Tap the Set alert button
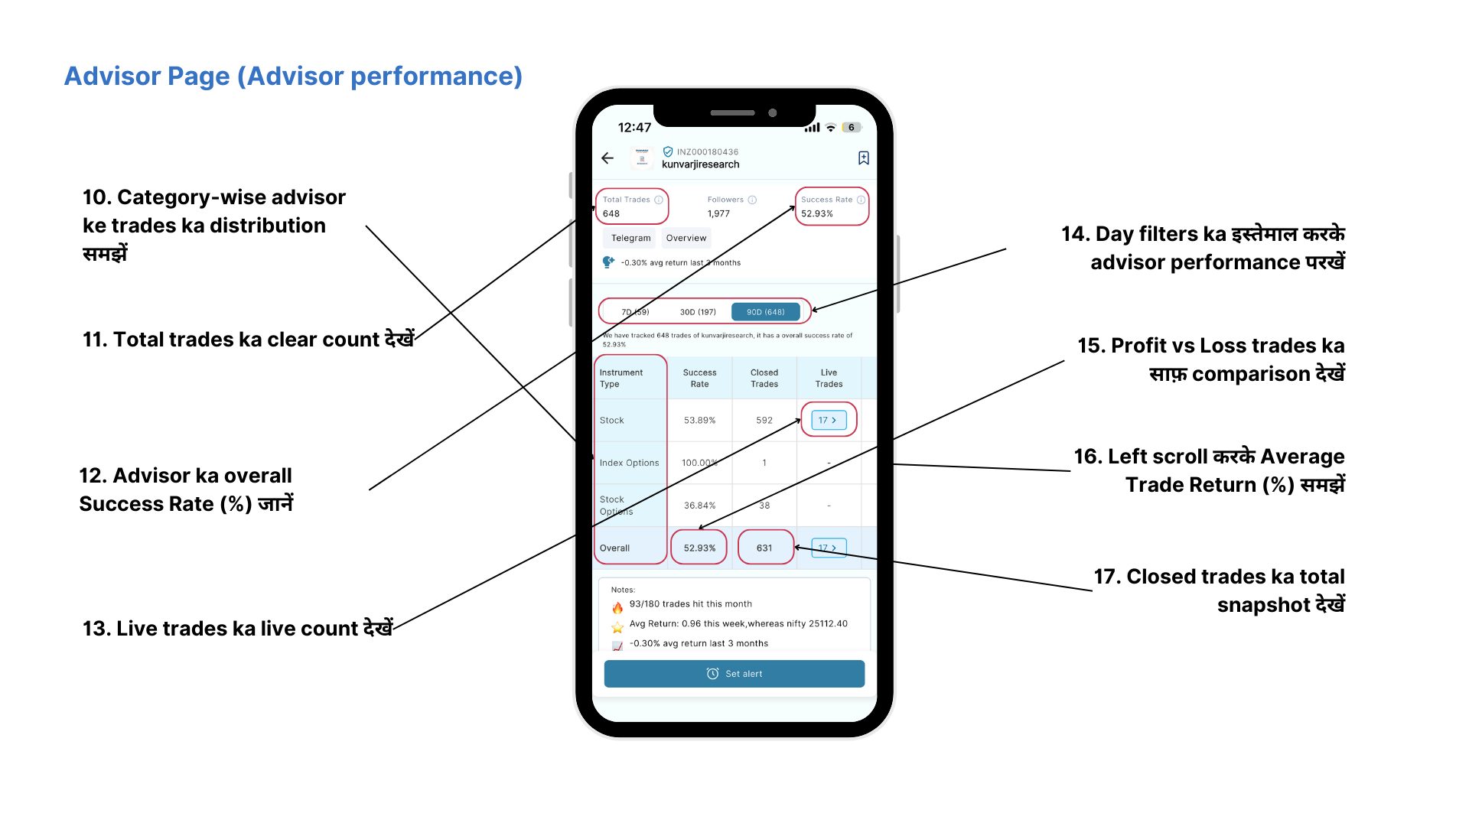point(734,674)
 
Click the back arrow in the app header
point(607,158)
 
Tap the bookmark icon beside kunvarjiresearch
point(863,158)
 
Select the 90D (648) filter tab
point(765,312)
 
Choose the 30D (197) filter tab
point(698,312)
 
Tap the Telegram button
point(630,238)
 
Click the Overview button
point(686,238)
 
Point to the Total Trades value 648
point(611,214)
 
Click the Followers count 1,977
point(718,214)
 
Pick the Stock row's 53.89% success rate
point(699,421)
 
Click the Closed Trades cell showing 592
point(764,421)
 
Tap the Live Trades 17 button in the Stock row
point(828,421)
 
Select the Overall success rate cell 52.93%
point(699,548)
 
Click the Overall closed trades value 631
point(764,548)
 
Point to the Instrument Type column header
point(621,379)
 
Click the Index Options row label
point(629,463)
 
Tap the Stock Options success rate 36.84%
point(699,506)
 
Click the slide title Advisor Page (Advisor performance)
point(293,76)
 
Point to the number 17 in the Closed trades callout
point(1106,577)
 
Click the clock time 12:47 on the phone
point(634,128)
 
